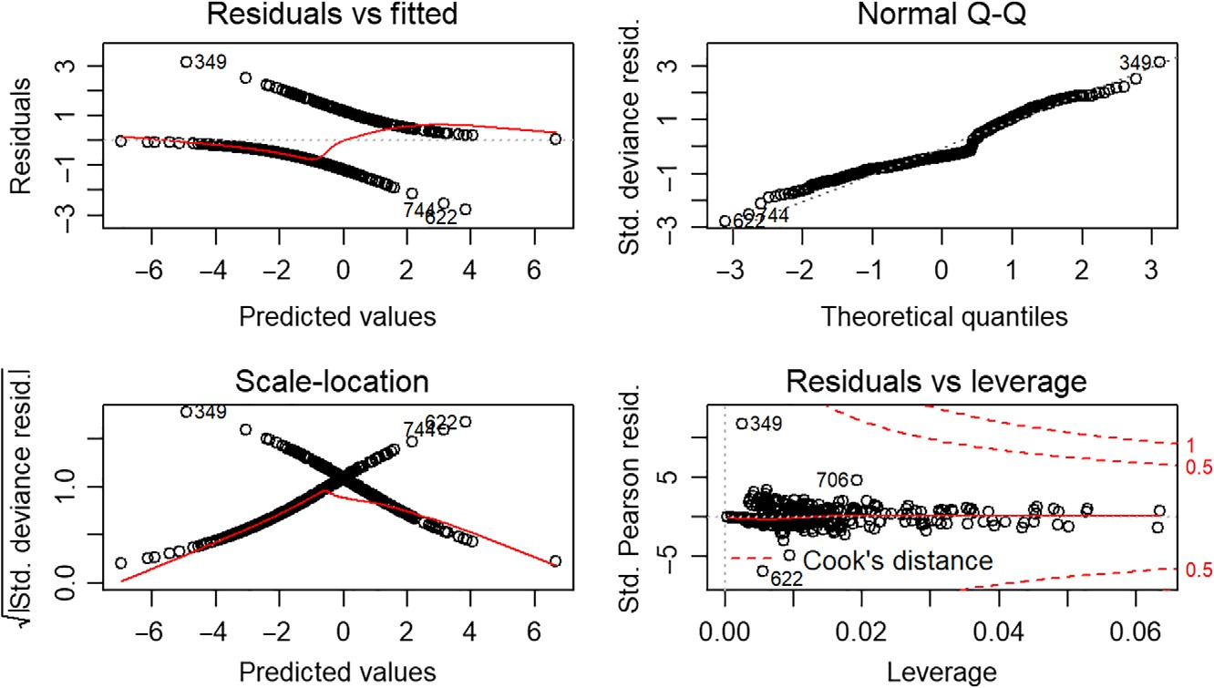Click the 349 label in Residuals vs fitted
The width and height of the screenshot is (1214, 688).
(x=210, y=62)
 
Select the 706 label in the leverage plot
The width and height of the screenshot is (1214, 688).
(x=832, y=479)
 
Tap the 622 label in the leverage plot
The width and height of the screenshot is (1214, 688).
(x=787, y=578)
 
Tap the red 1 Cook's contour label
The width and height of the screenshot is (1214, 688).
(x=1190, y=445)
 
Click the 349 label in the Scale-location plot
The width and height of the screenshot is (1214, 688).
(x=210, y=411)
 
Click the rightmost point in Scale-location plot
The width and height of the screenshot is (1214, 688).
(x=555, y=560)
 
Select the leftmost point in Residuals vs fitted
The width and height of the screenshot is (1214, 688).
(x=120, y=140)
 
